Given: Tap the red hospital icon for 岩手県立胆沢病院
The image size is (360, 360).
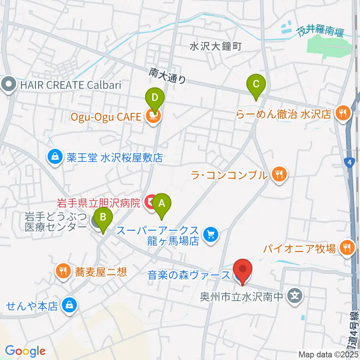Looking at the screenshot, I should (150, 203).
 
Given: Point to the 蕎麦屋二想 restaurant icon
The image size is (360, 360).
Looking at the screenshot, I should (63, 271).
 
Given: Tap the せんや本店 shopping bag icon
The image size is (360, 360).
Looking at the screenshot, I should (69, 306).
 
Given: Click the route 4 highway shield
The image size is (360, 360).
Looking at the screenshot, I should (349, 162).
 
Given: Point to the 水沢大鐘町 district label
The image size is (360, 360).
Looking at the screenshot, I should (216, 46).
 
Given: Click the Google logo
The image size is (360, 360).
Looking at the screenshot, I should (25, 351).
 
